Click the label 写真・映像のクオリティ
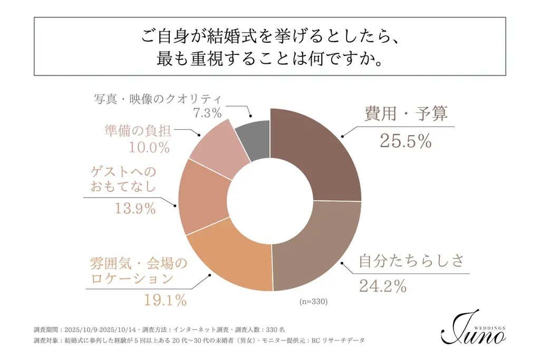click(x=157, y=99)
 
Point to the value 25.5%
click(x=406, y=141)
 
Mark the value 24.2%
click(x=382, y=286)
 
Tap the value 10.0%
click(x=149, y=147)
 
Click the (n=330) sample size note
click(x=314, y=302)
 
